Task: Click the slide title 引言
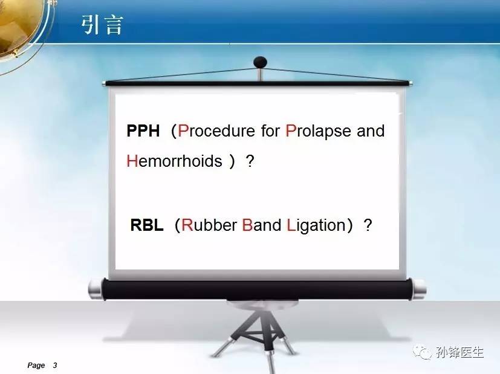click(x=102, y=25)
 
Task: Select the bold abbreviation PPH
click(x=143, y=131)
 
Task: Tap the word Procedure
click(x=216, y=131)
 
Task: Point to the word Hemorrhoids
click(x=174, y=161)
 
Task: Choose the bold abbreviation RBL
click(x=147, y=225)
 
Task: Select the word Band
click(x=261, y=225)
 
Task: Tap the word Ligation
click(x=316, y=225)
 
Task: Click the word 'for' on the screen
click(x=270, y=131)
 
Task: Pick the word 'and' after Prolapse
click(x=371, y=131)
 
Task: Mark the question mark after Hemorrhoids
click(x=250, y=161)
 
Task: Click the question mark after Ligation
click(x=368, y=225)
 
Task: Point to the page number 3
click(x=55, y=365)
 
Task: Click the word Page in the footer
click(x=36, y=366)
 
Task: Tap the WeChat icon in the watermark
click(x=423, y=352)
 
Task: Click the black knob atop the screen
click(x=260, y=62)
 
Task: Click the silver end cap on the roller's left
click(x=96, y=289)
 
